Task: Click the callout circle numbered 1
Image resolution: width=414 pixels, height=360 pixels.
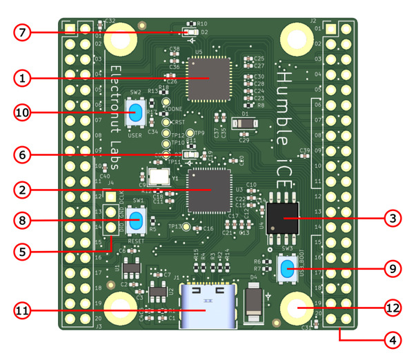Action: coord(23,79)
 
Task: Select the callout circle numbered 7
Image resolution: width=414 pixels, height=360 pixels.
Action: coord(23,32)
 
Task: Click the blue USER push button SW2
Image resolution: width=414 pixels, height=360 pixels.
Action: coord(135,113)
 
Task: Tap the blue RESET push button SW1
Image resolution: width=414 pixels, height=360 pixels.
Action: coord(137,221)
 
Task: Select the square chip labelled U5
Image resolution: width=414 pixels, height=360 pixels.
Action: coord(209,79)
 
